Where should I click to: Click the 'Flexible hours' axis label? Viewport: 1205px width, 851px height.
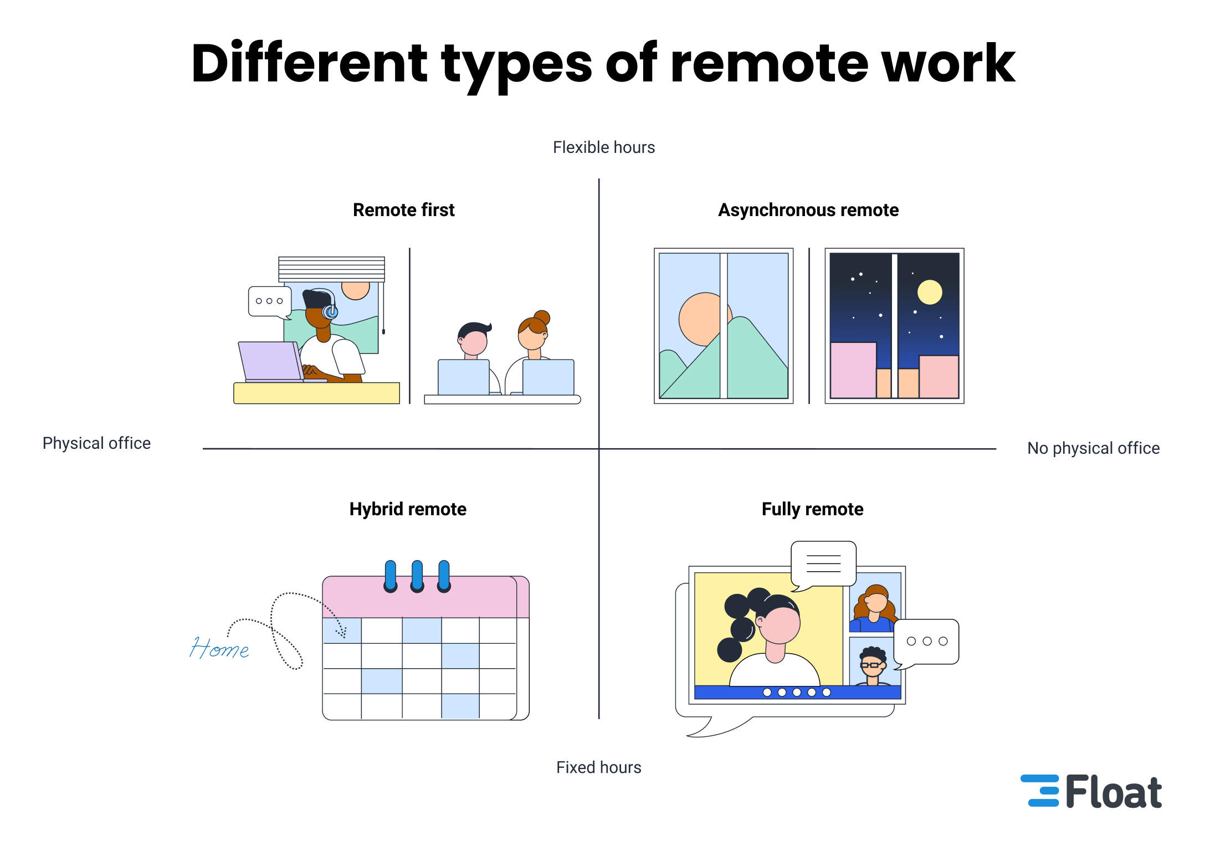604,147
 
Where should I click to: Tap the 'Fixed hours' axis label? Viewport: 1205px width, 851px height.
598,767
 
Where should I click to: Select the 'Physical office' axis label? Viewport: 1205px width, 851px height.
96,443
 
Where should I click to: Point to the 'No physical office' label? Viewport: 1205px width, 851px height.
1093,448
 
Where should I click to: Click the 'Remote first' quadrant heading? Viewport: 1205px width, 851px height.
403,210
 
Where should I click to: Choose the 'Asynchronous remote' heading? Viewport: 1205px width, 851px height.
808,210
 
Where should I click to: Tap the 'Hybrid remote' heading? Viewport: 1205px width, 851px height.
408,509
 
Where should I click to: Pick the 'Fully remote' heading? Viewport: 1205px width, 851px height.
812,509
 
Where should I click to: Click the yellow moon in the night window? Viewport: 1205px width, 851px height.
930,292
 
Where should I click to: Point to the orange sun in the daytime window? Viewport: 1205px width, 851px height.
701,319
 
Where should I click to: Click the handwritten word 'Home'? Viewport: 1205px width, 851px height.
219,648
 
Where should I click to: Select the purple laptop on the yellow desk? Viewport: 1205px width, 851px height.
270,361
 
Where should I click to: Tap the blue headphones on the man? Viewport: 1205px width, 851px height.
331,311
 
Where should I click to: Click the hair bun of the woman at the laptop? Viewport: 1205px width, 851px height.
542,317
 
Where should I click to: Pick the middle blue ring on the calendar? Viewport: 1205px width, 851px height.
417,576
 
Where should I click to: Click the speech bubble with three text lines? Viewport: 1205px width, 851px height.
824,563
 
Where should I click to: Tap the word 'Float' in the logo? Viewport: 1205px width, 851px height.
1113,792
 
